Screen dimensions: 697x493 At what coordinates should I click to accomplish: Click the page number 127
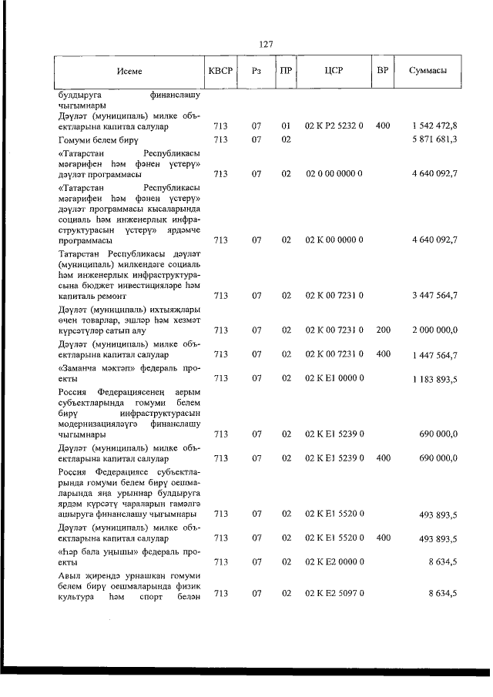pyautogui.click(x=267, y=44)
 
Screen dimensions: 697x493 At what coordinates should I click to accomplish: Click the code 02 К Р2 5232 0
pyautogui.click(x=334, y=125)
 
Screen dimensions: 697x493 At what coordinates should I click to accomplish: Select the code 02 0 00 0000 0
pyautogui.click(x=334, y=174)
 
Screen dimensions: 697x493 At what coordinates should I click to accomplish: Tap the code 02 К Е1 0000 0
pyautogui.click(x=334, y=378)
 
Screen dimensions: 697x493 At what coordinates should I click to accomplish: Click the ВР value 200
pyautogui.click(x=383, y=330)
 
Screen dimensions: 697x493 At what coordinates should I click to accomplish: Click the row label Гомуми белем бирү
pyautogui.click(x=99, y=139)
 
